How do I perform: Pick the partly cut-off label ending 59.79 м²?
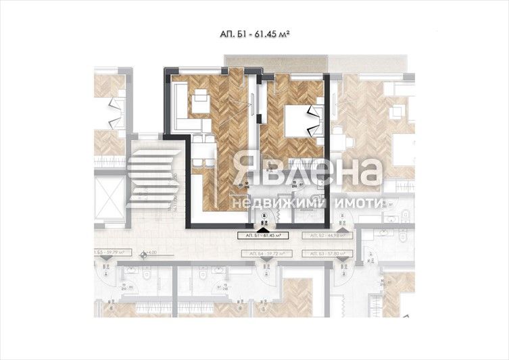pyautogui.click(x=106, y=255)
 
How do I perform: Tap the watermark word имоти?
pyautogui.click(x=358, y=203)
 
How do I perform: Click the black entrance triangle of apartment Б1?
pyautogui.click(x=262, y=229)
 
